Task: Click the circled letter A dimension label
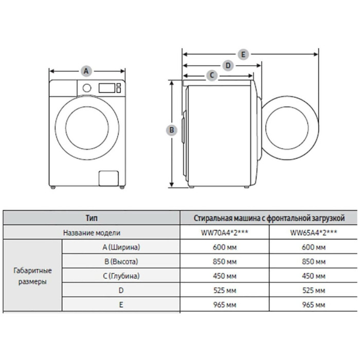(x=86, y=70)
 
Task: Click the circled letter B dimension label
(x=173, y=130)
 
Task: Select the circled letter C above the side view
(x=212, y=76)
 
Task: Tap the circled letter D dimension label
(x=228, y=65)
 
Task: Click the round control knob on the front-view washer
(x=87, y=88)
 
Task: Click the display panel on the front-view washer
(x=106, y=87)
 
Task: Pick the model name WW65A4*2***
(x=314, y=232)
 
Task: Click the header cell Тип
(x=93, y=218)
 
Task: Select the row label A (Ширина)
(x=121, y=247)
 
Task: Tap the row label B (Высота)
(x=121, y=261)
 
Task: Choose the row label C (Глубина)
(x=121, y=276)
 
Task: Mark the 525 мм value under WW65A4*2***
(x=314, y=290)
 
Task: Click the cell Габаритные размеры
(x=32, y=276)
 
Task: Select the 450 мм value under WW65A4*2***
(x=314, y=276)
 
